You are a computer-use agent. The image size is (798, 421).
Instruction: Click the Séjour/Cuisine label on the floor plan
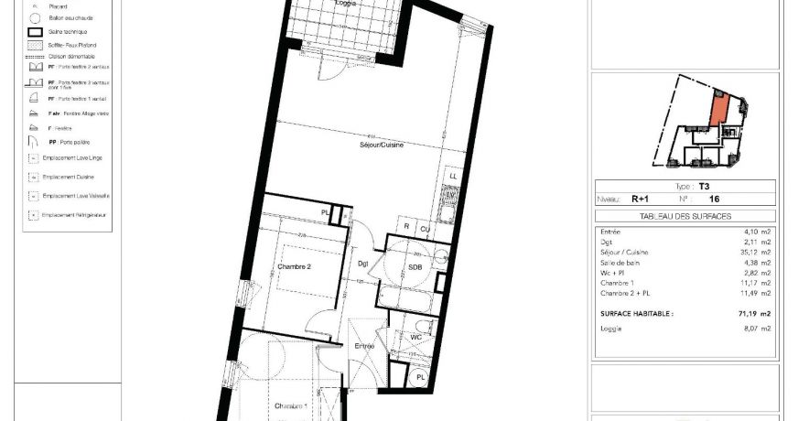tap(382, 146)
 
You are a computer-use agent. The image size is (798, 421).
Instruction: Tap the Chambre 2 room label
tap(295, 267)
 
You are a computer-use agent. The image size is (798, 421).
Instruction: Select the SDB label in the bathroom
tap(415, 267)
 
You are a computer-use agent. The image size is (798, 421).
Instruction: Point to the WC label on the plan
tap(415, 336)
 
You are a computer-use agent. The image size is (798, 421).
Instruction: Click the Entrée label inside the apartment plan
tap(364, 346)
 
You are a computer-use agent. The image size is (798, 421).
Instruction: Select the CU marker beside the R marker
tap(425, 228)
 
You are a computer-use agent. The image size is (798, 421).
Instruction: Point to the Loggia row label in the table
tap(613, 328)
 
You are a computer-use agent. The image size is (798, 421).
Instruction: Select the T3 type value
tap(704, 186)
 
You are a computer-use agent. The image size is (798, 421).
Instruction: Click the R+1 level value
tap(637, 198)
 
